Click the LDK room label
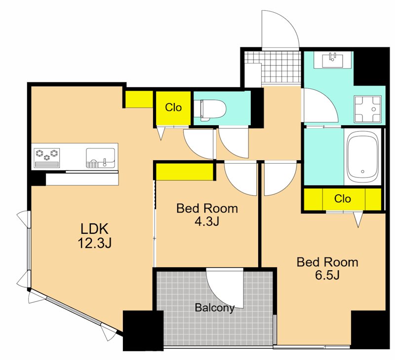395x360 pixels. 94,229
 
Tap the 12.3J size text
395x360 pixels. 94,243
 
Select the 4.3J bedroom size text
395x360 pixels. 207,221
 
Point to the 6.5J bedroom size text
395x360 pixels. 327,275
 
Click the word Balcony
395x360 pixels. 215,308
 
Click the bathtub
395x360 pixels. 362,157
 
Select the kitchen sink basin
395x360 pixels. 101,158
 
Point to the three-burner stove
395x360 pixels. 47,158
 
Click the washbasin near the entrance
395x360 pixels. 333,60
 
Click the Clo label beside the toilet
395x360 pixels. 173,108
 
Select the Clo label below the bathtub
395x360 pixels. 342,199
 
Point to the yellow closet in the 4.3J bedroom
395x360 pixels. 185,172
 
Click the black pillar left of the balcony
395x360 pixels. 143,330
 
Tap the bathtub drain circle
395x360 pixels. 362,172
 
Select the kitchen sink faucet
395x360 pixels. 105,163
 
